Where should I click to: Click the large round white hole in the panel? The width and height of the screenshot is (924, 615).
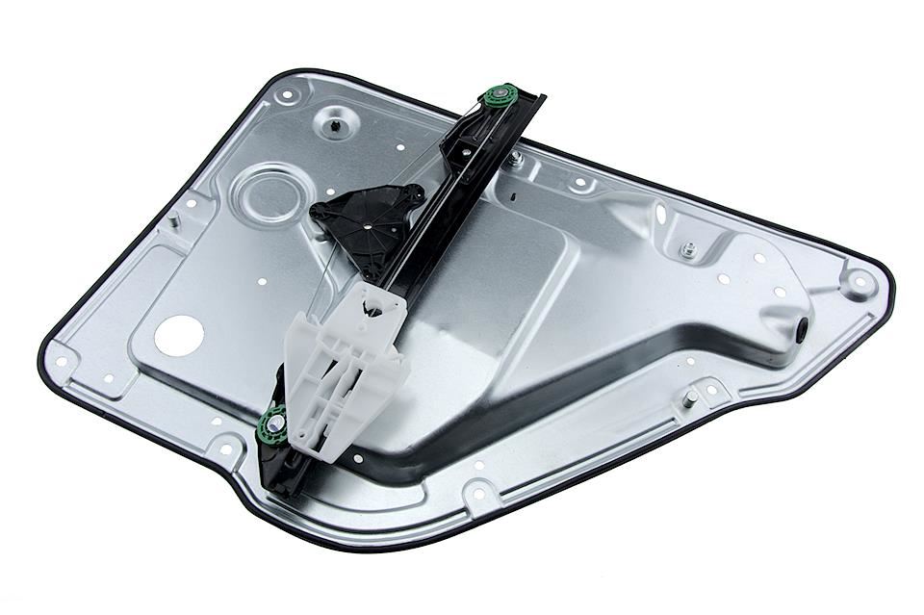[x=179, y=334]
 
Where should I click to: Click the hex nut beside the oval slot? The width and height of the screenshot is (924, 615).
[x=688, y=250]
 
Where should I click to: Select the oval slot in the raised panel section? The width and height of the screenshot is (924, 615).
[x=660, y=214]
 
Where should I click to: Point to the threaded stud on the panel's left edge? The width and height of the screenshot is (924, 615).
[x=173, y=220]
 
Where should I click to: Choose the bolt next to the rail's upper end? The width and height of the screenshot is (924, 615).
[x=517, y=157]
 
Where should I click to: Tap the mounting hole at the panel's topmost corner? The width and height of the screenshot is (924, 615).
[x=286, y=95]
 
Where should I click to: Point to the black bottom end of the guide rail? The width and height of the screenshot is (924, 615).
[x=278, y=481]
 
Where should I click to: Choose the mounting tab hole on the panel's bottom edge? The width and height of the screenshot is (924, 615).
[x=479, y=496]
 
